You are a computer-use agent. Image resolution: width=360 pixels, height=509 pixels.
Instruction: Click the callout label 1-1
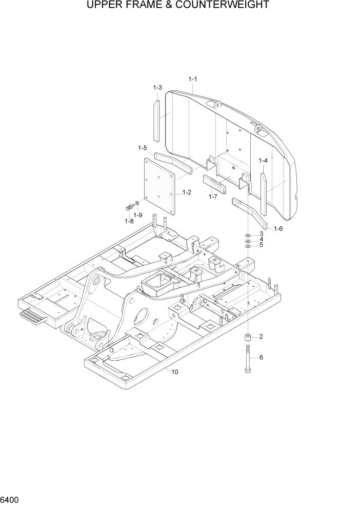pos(193,79)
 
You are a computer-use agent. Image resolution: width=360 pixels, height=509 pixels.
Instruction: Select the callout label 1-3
pos(157,88)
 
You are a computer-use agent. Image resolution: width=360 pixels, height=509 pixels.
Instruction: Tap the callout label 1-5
pos(143,148)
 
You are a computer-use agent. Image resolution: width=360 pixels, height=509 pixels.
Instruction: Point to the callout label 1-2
pos(187,193)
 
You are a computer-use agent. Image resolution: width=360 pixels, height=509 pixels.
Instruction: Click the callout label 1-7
pos(213,197)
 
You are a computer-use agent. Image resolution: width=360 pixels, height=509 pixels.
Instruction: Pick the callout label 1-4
pos(263,161)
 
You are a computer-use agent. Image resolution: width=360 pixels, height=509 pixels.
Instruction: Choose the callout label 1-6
pos(278,228)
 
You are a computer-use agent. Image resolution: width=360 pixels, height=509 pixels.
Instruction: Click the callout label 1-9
pos(138,215)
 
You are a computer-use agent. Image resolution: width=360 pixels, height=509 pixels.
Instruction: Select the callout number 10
pos(175,372)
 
